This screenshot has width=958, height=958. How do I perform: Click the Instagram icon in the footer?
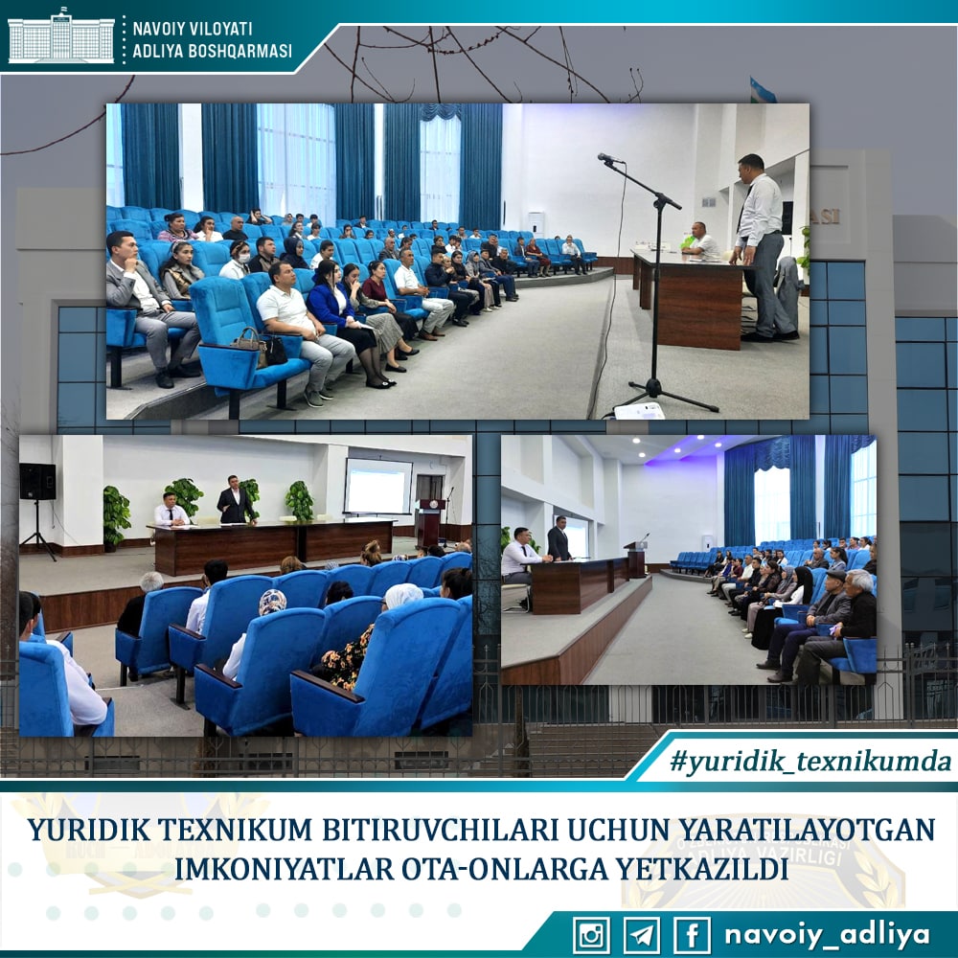tap(591, 935)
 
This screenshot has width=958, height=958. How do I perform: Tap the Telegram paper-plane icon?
tap(642, 935)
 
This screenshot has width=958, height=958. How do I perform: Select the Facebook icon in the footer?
tap(693, 935)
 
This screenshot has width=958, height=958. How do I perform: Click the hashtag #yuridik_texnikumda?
tap(810, 762)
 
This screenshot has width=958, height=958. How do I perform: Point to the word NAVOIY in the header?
tap(158, 29)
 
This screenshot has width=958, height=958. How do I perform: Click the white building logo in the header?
tap(60, 36)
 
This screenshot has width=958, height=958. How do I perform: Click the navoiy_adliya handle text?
tap(827, 935)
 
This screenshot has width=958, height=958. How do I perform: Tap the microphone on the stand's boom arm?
tap(609, 159)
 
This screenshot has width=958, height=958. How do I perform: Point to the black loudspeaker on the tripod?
tap(37, 482)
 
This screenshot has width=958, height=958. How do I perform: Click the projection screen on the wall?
tap(378, 487)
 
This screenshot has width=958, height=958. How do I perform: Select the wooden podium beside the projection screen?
tap(429, 522)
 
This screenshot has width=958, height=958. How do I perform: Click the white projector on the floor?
tap(639, 411)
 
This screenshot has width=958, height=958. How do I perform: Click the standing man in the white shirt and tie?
tap(761, 247)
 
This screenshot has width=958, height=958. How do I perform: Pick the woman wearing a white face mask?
tap(237, 261)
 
